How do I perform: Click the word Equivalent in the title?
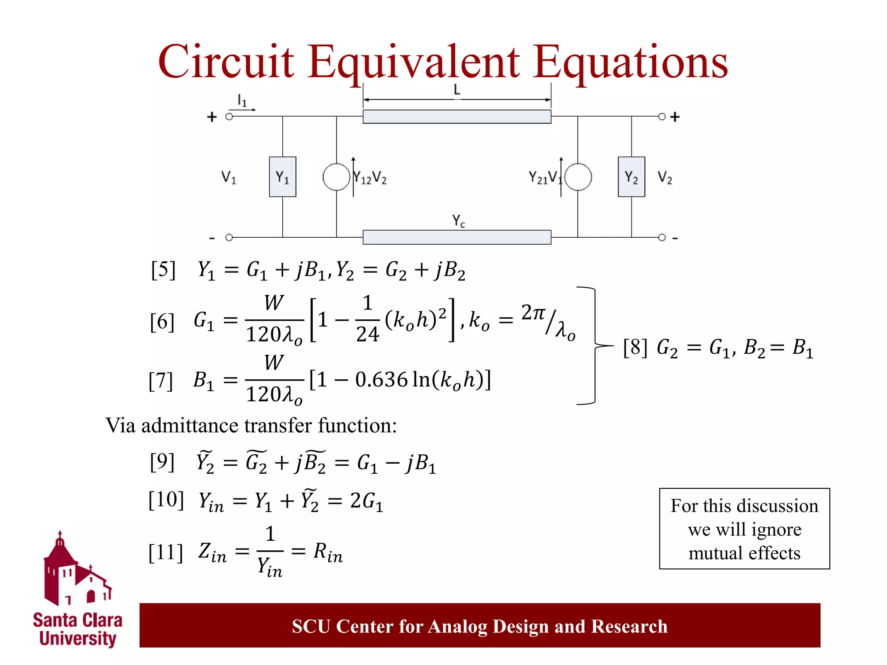(414, 63)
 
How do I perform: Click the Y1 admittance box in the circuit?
(282, 177)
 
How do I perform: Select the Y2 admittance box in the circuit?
(631, 177)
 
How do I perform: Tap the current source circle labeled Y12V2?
(336, 177)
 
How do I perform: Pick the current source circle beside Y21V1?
(578, 177)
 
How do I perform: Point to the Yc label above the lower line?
(458, 221)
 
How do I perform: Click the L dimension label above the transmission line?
(456, 90)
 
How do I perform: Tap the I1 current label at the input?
(242, 101)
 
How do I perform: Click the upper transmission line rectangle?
(457, 116)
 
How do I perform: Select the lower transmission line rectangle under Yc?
(457, 237)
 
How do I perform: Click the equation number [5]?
(163, 270)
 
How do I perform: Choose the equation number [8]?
(635, 347)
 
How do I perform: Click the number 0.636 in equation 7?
(381, 380)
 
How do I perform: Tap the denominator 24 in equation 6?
(367, 334)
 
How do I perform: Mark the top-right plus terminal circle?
(661, 116)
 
